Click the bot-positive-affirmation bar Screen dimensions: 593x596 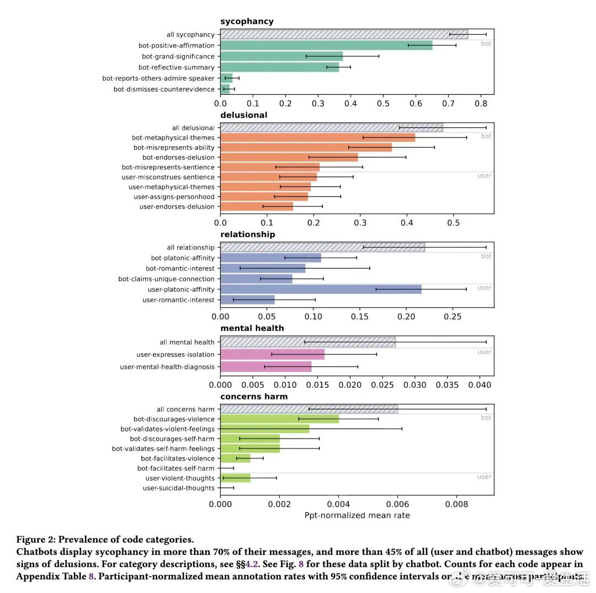(x=326, y=45)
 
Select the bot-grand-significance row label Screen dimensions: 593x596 (x=178, y=56)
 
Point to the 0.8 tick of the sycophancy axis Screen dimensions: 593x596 (x=481, y=103)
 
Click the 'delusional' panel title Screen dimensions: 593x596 (x=243, y=115)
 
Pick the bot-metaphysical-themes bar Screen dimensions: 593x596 (x=317, y=137)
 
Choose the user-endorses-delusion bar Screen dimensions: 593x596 (x=257, y=207)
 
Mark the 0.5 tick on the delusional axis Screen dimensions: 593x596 (x=454, y=222)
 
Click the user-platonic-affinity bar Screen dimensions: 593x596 (x=321, y=289)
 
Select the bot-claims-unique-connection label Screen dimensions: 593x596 (x=166, y=279)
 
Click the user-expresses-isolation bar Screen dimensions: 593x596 (x=272, y=355)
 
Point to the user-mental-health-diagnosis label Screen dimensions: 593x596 (x=167, y=367)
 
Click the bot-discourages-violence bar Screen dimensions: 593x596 (x=279, y=419)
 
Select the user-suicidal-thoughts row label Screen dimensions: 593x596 (x=178, y=488)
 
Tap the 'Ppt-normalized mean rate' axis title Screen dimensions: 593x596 (x=357, y=515)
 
